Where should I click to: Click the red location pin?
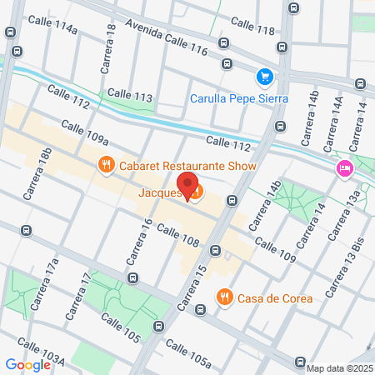pos(187,186)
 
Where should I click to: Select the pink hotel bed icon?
pos(343,169)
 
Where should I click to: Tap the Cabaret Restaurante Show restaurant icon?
pos(105,165)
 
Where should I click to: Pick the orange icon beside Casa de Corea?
pos(224,297)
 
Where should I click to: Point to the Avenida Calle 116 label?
pos(167,38)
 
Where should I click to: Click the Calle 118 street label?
pos(251,25)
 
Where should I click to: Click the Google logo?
pos(27,363)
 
